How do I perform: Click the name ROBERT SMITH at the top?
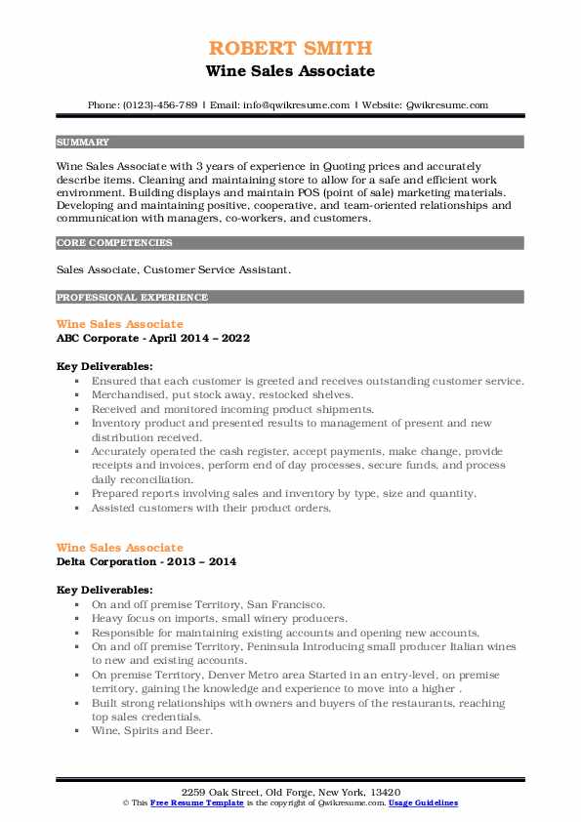pyautogui.click(x=290, y=49)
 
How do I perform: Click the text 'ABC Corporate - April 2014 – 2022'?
pyautogui.click(x=153, y=338)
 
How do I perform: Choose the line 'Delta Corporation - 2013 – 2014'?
pyautogui.click(x=145, y=562)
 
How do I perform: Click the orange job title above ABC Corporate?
pyautogui.click(x=119, y=323)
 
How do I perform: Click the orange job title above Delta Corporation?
pyautogui.click(x=119, y=548)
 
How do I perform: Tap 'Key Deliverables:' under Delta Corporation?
pyautogui.click(x=104, y=590)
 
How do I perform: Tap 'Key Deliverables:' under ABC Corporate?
pyautogui.click(x=104, y=366)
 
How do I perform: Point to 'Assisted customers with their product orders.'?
pyautogui.click(x=212, y=508)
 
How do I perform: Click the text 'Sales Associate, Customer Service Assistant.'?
pyautogui.click(x=171, y=269)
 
